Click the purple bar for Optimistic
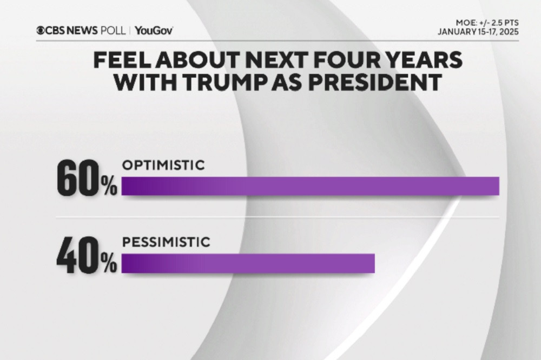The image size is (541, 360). (x=310, y=185)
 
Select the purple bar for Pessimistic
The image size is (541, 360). (x=248, y=263)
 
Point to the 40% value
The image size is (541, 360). (x=87, y=259)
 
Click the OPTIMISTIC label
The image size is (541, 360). (x=163, y=166)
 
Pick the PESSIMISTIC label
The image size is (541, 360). (x=166, y=243)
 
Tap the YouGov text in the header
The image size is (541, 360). (x=154, y=30)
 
